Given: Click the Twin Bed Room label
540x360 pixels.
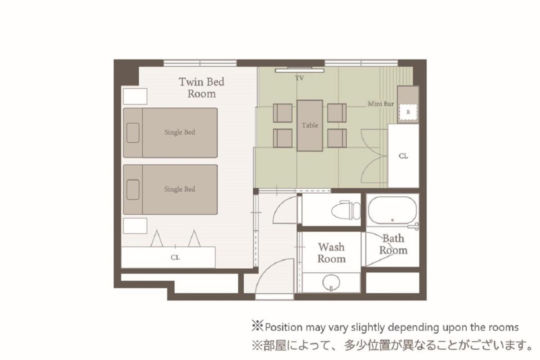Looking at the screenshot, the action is tap(201, 88).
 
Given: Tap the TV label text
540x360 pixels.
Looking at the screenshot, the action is tap(299, 78).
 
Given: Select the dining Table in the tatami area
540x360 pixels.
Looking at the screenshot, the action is tap(310, 126).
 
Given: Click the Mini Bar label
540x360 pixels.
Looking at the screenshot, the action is tap(381, 104).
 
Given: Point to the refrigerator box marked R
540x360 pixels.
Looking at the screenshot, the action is tap(408, 112).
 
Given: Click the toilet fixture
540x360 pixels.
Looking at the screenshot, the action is tap(346, 210).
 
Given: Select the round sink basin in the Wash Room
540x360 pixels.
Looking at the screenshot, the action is tap(331, 282).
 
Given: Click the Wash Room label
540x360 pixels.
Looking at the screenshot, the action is tap(331, 253).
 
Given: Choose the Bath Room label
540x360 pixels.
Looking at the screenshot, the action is tap(393, 244).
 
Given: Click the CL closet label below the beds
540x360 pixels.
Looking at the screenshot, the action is tap(175, 258).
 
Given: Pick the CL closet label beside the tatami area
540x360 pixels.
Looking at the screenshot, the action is tap(403, 156).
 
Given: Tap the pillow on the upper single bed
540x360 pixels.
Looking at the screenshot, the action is tap(133, 133).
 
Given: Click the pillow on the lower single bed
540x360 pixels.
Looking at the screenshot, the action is tap(133, 190).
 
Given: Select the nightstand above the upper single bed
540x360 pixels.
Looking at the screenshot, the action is tap(135, 96).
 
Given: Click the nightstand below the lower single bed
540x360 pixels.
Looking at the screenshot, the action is tap(135, 226).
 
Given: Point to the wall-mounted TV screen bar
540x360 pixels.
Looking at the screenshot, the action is tap(299, 70).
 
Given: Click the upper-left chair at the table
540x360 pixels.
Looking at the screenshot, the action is tap(283, 113).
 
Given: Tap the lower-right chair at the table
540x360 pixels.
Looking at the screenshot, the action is tap(337, 138).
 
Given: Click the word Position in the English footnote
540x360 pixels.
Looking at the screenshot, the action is tap(283, 328).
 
